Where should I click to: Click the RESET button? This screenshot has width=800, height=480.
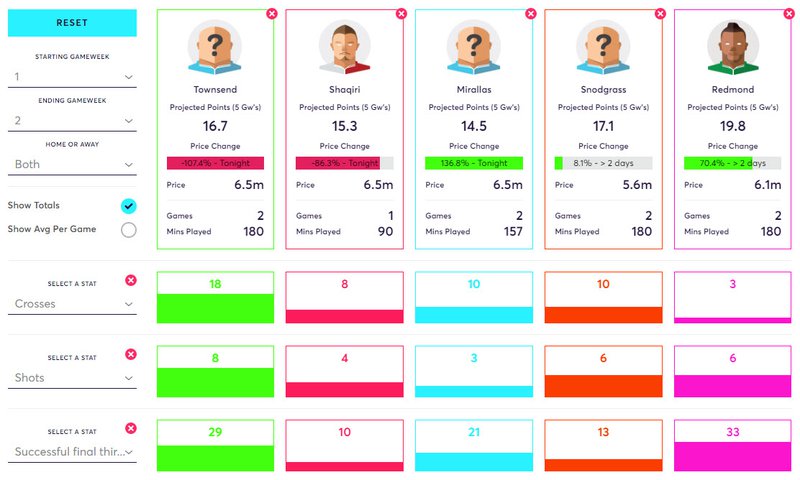[72, 23]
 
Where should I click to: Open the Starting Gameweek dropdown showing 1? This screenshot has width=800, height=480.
[72, 77]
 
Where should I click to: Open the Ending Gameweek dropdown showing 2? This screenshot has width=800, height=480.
[72, 121]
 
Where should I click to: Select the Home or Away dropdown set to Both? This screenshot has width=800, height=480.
[72, 165]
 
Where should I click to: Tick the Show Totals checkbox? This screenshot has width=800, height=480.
[129, 206]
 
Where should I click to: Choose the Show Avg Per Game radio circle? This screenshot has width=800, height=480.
[129, 230]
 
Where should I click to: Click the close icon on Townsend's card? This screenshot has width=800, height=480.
[272, 14]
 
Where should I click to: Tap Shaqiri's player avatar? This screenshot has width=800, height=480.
[344, 47]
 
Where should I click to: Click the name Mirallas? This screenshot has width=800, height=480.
[474, 90]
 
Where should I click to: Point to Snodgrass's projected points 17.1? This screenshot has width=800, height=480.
[603, 126]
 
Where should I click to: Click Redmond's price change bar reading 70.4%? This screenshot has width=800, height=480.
[733, 163]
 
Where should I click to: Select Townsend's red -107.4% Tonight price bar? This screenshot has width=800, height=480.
[215, 163]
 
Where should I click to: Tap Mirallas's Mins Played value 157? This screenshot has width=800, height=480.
[513, 232]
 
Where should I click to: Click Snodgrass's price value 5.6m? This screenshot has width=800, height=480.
[637, 185]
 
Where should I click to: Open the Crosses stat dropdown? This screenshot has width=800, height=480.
[72, 304]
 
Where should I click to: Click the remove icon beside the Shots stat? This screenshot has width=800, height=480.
[131, 354]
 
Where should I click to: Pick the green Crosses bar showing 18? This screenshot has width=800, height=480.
[215, 308]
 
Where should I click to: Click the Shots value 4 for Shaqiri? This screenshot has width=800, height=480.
[344, 359]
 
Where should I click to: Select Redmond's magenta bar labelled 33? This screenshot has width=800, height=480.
[733, 456]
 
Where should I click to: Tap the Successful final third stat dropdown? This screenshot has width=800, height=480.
[72, 452]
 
